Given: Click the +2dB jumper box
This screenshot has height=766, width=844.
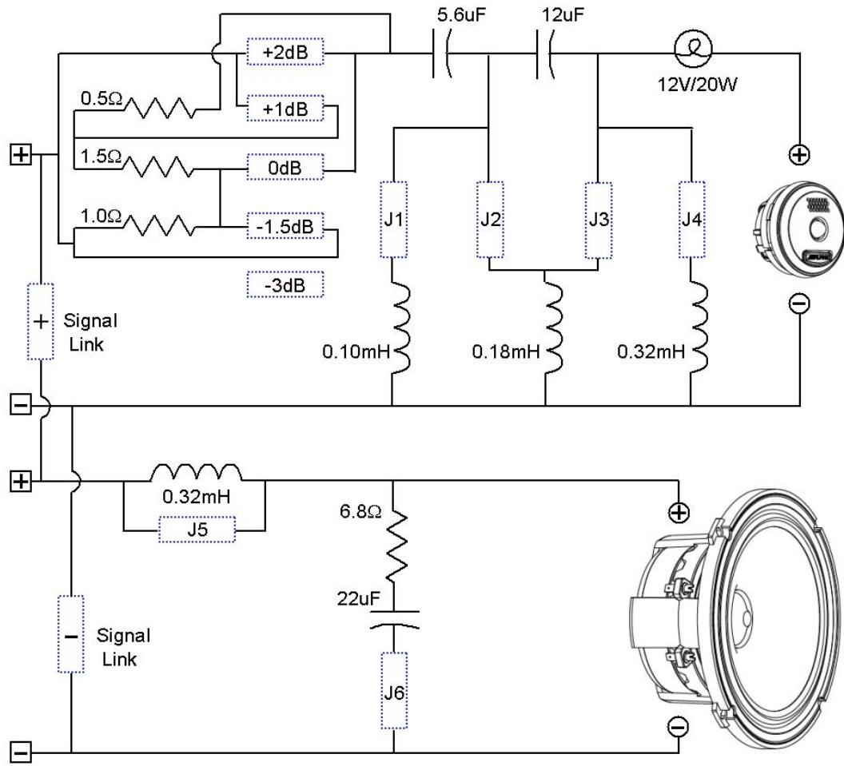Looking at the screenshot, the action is point(285,52).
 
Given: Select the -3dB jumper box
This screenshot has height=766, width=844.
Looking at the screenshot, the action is point(285,284).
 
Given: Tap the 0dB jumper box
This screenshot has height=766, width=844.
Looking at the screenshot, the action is point(285,167).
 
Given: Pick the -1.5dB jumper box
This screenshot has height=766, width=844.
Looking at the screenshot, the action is point(285,226).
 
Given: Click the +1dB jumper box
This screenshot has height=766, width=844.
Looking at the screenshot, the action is point(285,109).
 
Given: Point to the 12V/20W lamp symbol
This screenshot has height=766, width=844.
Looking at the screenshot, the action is point(693,48).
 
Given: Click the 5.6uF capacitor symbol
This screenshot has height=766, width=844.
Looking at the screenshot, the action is point(441,54).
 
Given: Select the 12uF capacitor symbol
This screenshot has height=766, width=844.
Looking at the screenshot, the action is point(545,54).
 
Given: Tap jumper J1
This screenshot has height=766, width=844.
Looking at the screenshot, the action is point(393,220).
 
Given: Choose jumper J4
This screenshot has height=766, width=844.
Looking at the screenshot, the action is point(691,220).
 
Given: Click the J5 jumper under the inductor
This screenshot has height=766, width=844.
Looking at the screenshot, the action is point(197,530).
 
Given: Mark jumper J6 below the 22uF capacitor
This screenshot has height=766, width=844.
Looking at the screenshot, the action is point(394,691).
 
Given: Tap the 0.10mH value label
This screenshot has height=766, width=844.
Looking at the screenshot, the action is point(356,351).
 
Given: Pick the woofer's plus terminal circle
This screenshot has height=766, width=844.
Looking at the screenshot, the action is point(679,513).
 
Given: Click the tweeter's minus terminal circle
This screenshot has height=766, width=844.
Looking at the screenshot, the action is point(799,304).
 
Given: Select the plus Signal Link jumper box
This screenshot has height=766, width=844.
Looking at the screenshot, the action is point(41,322).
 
